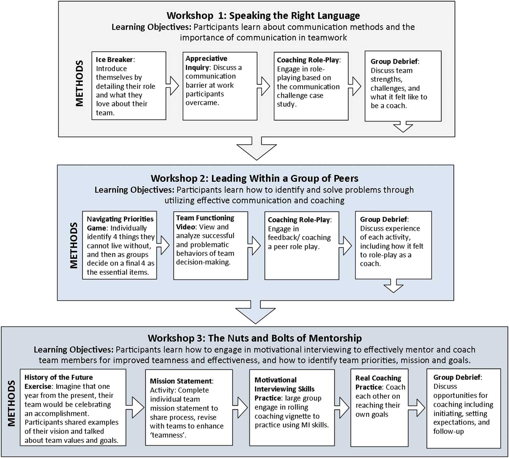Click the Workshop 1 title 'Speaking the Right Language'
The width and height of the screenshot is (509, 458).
pyautogui.click(x=263, y=16)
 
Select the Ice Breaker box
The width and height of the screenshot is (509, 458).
pyautogui.click(x=129, y=86)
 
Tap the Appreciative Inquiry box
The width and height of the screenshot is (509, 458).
pyautogui.click(x=220, y=86)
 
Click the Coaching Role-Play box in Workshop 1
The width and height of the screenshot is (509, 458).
pyautogui.click(x=311, y=86)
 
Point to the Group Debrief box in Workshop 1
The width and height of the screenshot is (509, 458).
pyautogui.click(x=403, y=86)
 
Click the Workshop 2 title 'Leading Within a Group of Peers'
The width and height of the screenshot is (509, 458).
pyautogui.click(x=254, y=178)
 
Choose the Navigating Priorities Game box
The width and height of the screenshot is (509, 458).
pyautogui.click(x=119, y=245)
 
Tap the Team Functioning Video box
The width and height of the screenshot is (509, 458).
pyautogui.click(x=210, y=245)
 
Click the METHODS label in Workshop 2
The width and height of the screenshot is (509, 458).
pyautogui.click(x=74, y=245)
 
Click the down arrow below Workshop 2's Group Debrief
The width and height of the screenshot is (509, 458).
pyautogui.click(x=394, y=285)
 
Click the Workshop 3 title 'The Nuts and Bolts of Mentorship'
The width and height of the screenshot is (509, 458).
pyautogui.click(x=255, y=338)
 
